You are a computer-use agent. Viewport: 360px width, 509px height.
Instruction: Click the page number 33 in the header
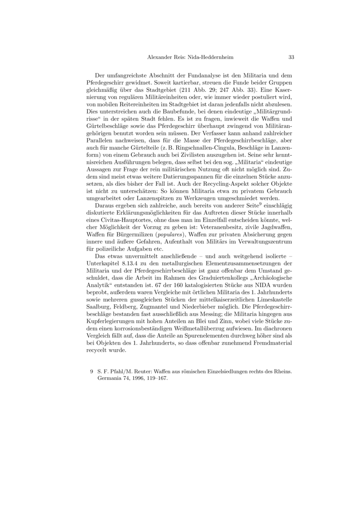291,58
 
